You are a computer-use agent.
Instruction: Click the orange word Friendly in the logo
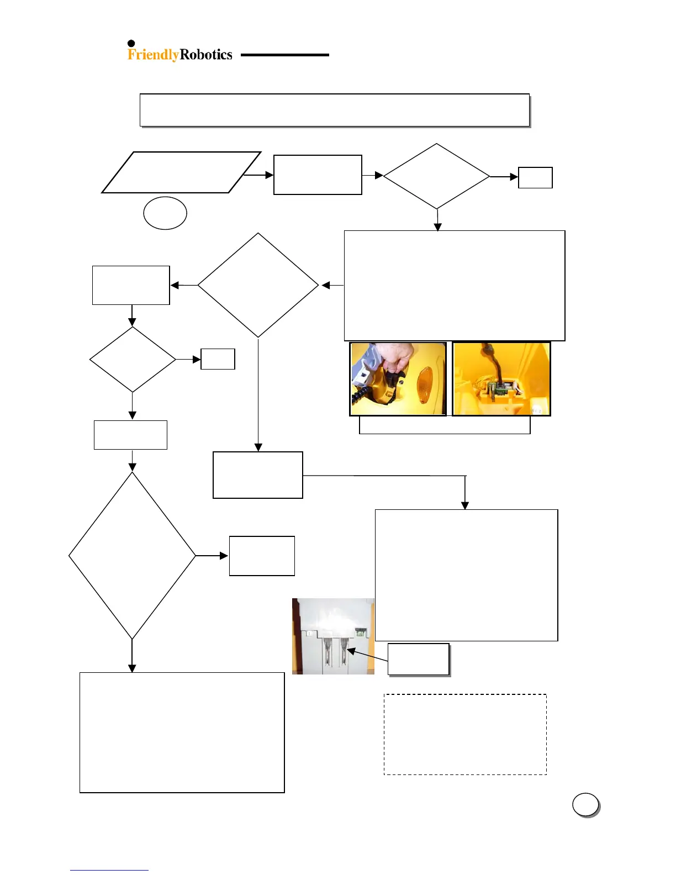pyautogui.click(x=153, y=55)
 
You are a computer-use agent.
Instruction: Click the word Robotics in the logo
pyautogui.click(x=206, y=55)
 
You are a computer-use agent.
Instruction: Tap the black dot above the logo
pyautogui.click(x=131, y=44)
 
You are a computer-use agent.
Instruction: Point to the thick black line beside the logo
pyautogui.click(x=284, y=55)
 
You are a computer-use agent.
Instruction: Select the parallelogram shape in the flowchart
pyautogui.click(x=181, y=172)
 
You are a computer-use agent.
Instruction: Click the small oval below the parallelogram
pyautogui.click(x=165, y=213)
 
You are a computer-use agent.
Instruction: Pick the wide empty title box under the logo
pyautogui.click(x=335, y=110)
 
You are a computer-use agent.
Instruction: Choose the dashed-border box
pyautogui.click(x=465, y=734)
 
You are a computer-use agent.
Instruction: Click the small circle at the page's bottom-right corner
pyautogui.click(x=585, y=805)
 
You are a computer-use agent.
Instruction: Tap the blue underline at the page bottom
pyautogui.click(x=109, y=870)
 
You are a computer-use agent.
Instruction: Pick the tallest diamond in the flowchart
pyautogui.click(x=132, y=556)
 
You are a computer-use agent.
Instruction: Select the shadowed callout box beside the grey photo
pyautogui.click(x=419, y=659)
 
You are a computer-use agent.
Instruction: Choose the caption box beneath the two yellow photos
pyautogui.click(x=445, y=425)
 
